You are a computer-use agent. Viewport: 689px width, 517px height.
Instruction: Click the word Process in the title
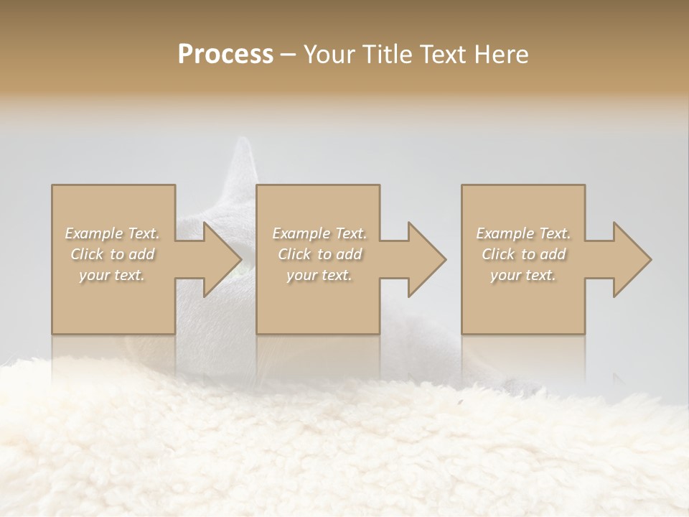tap(225, 55)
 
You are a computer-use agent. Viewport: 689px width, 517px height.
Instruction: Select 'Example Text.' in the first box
tap(113, 233)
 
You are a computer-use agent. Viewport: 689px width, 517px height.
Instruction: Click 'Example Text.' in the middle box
tap(319, 233)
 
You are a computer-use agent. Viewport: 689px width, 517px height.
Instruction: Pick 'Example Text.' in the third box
tap(523, 233)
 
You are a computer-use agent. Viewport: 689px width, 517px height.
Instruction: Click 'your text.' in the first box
tap(113, 275)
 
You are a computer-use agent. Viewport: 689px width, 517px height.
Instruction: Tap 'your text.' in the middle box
tap(319, 275)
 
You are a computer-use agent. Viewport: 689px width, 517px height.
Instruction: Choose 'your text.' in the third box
tap(523, 275)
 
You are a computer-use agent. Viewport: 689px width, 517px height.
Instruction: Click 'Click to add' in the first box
tap(113, 254)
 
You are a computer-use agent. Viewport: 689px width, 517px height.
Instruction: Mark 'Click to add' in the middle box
tap(319, 254)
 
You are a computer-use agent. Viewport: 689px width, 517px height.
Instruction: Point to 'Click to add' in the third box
tap(523, 254)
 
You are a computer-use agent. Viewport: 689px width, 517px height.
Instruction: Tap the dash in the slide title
tap(289, 55)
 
